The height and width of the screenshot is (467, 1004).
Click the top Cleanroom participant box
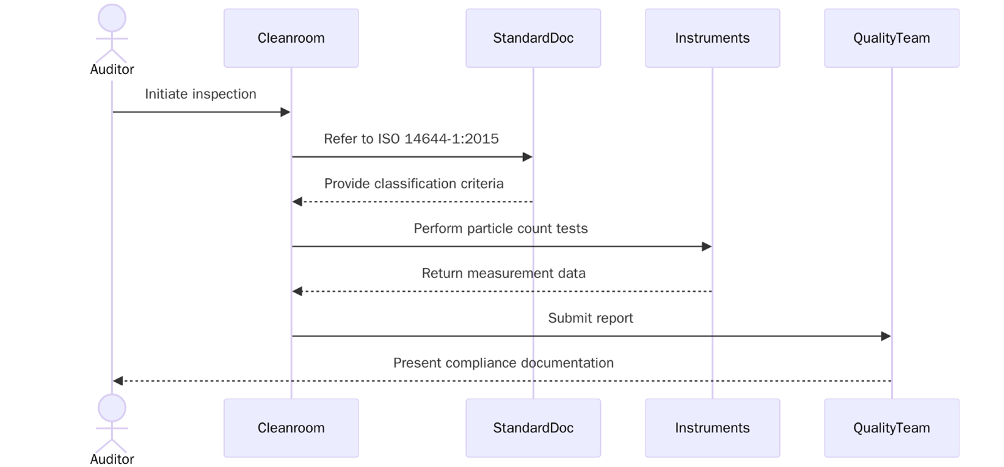click(x=291, y=38)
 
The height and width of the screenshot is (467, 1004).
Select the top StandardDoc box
click(x=533, y=38)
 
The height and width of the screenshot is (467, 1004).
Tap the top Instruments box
click(x=712, y=38)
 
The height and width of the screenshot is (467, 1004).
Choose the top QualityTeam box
click(x=891, y=38)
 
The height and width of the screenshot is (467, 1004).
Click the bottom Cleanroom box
click(x=291, y=427)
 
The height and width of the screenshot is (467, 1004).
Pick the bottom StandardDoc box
click(x=533, y=427)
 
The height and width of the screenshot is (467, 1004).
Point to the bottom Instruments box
click(x=712, y=427)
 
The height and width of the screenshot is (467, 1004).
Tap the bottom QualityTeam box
click(x=891, y=427)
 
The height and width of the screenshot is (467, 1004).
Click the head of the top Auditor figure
click(x=112, y=18)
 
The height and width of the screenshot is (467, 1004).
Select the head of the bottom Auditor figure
click(x=112, y=407)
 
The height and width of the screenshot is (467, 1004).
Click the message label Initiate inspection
click(x=200, y=94)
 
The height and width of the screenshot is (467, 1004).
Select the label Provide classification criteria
click(x=413, y=184)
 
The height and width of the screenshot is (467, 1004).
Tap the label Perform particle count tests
click(x=500, y=228)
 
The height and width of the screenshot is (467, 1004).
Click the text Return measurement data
click(x=503, y=274)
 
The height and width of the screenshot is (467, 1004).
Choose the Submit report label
click(x=590, y=318)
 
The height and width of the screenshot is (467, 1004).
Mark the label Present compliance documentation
click(x=503, y=363)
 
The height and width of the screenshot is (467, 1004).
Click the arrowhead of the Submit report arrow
click(x=886, y=336)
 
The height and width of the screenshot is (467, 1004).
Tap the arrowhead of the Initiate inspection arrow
click(x=286, y=112)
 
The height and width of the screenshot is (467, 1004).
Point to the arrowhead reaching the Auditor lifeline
click(x=118, y=381)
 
